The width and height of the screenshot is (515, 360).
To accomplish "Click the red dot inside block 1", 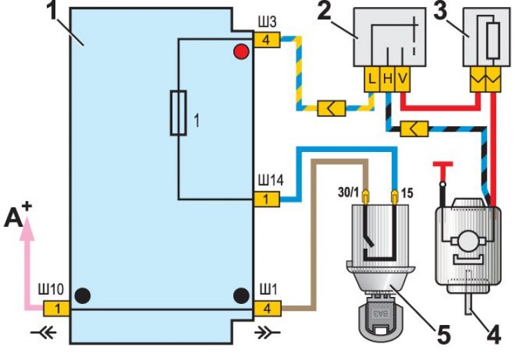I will (241, 52).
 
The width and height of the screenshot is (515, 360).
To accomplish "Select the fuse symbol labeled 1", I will (179, 112).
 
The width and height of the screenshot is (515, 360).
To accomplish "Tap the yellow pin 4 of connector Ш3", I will (266, 40).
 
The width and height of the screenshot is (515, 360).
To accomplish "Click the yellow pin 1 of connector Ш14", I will (266, 200).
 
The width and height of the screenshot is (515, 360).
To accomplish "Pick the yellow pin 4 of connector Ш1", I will (266, 308).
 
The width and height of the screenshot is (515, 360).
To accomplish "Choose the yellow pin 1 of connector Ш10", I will (57, 308).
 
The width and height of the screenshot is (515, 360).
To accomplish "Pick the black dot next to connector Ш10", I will (83, 295).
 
